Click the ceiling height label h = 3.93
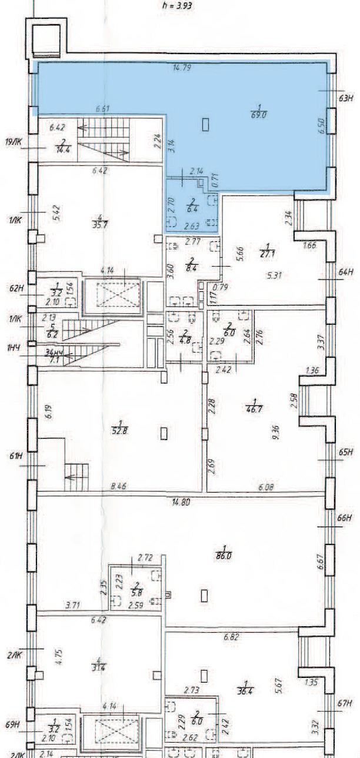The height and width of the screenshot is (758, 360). pyautogui.click(x=177, y=6)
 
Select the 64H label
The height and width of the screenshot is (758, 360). pyautogui.click(x=345, y=272)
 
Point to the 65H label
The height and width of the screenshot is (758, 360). pyautogui.click(x=345, y=452)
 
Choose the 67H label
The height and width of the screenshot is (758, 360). pyautogui.click(x=345, y=703)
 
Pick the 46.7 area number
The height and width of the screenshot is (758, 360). pyautogui.click(x=254, y=407)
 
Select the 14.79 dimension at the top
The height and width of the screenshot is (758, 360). pyautogui.click(x=182, y=68)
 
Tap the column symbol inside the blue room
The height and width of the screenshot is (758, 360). pyautogui.click(x=206, y=124)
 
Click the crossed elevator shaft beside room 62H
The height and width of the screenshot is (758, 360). pyautogui.click(x=112, y=293)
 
